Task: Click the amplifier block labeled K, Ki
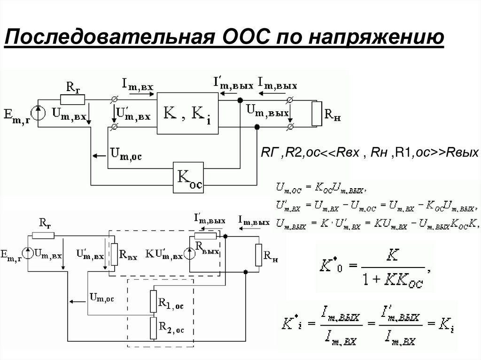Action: click(187, 113)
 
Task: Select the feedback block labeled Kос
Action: click(189, 177)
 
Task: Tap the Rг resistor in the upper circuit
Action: click(72, 100)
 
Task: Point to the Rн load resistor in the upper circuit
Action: click(316, 114)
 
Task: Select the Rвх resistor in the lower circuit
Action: click(113, 254)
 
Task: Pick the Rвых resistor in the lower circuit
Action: click(205, 236)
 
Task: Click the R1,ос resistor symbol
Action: click(153, 301)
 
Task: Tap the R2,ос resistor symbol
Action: click(153, 328)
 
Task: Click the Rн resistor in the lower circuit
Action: click(258, 255)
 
